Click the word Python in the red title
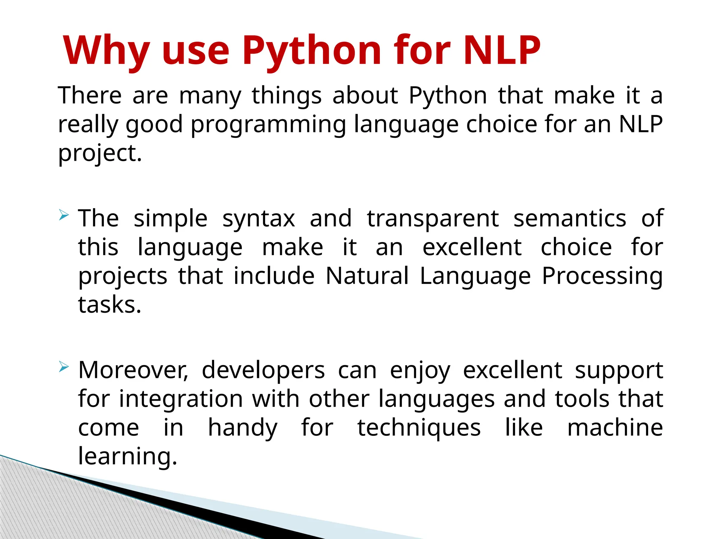311,51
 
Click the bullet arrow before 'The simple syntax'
64,215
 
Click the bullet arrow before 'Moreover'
64,367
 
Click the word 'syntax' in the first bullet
259,219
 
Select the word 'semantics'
569,219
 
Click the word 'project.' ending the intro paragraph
100,154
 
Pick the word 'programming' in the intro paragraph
269,125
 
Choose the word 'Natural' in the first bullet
367,276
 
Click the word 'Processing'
602,277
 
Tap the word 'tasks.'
110,305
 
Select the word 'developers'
263,371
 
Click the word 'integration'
181,400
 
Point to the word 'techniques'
419,428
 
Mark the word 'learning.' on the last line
127,457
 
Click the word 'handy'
243,428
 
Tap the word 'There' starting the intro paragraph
90,95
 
